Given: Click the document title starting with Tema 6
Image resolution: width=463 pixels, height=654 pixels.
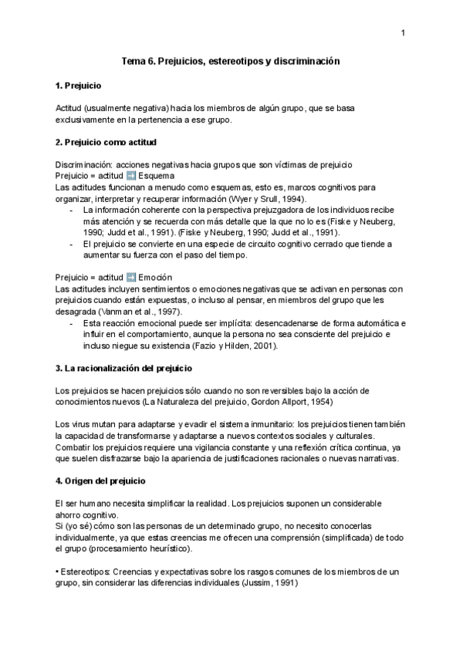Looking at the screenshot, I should pyautogui.click(x=231, y=60).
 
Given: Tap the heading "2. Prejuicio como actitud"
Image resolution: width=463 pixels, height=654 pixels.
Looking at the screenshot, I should pyautogui.click(x=106, y=142).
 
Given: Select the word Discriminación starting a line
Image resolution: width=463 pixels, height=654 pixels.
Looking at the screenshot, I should pyautogui.click(x=79, y=165).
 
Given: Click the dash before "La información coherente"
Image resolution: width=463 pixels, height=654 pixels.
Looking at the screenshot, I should pyautogui.click(x=72, y=209).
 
